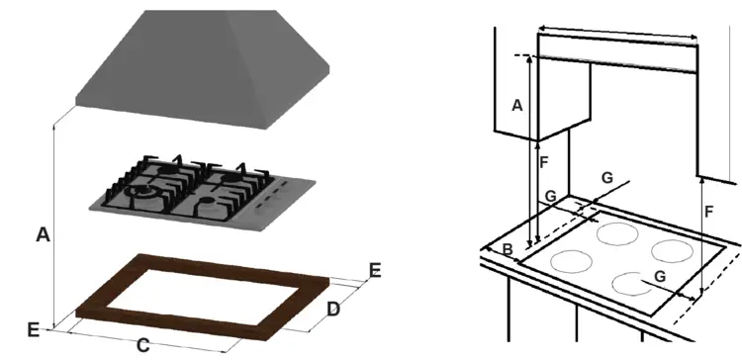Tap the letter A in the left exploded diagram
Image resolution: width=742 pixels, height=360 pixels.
(x=44, y=234)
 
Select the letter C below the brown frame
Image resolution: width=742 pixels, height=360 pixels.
(x=142, y=346)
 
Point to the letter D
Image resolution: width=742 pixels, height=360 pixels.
(x=333, y=310)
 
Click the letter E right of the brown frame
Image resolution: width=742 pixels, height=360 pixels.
(x=375, y=271)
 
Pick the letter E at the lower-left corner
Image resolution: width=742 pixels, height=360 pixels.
(x=33, y=329)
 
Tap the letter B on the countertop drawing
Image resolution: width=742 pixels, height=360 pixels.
(x=508, y=249)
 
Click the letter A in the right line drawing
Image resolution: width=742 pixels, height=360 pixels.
(x=517, y=106)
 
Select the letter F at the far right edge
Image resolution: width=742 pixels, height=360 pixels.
(x=708, y=212)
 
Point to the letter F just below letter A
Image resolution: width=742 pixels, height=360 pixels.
(x=544, y=162)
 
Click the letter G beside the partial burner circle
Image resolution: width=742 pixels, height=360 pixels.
(x=661, y=276)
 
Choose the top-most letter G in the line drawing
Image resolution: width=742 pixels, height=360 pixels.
(x=607, y=178)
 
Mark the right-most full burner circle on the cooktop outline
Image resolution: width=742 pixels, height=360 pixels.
(x=672, y=251)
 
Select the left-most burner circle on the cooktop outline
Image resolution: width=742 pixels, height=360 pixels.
(x=571, y=262)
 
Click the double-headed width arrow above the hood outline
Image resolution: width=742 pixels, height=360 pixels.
(x=618, y=33)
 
